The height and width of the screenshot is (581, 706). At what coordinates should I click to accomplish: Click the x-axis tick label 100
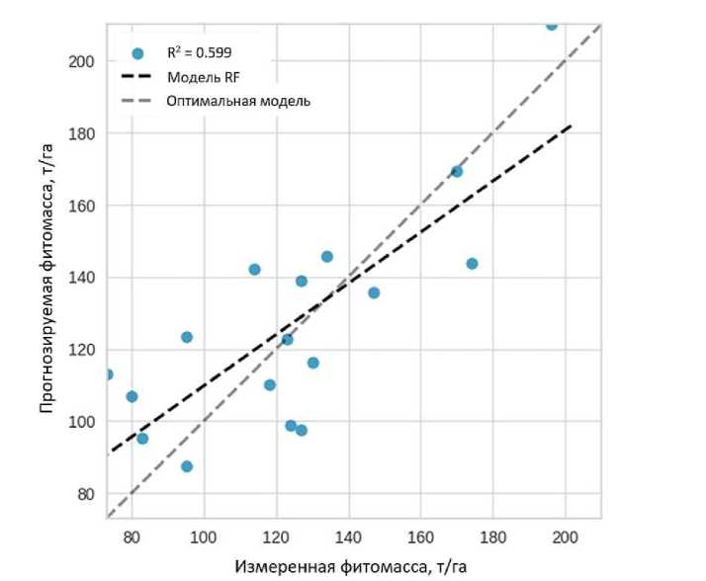point(204,539)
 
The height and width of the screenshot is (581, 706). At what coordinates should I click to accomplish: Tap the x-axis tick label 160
point(420,539)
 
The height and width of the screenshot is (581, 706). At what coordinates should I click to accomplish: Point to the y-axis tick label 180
point(80,133)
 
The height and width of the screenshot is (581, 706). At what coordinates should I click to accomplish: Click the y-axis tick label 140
point(80,278)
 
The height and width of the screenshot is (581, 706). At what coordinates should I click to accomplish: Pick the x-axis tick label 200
point(565,539)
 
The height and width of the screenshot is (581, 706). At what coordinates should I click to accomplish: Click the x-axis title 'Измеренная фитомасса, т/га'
point(350,567)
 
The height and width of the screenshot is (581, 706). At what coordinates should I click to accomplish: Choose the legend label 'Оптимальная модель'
point(238,100)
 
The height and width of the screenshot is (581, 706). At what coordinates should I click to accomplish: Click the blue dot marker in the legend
point(137,53)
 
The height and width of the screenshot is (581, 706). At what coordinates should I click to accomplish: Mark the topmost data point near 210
point(552,25)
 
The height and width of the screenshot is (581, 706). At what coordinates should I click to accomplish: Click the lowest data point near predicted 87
point(187,466)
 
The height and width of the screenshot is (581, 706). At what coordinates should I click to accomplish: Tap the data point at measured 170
point(457,171)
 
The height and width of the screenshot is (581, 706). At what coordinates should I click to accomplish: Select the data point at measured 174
point(472,264)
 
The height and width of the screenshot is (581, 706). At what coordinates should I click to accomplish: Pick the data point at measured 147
point(374,292)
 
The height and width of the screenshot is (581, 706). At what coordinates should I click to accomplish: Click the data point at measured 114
point(254,269)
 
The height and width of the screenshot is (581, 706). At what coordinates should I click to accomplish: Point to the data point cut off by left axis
point(108,374)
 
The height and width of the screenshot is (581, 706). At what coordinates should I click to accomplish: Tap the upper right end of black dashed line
point(571,125)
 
